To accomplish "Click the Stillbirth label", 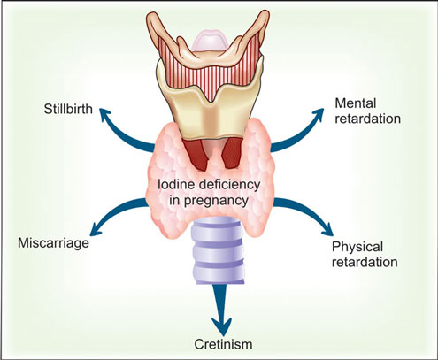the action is point(68,109).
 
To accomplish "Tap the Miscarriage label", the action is point(53,243).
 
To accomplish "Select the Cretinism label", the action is point(223,344).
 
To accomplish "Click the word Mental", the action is point(356,103).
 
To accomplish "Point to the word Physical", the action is point(357,248).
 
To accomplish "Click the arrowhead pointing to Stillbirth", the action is point(105,116).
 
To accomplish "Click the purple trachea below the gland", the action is point(219,250).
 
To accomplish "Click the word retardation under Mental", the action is point(368,119).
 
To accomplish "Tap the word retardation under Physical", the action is point(365,262).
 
